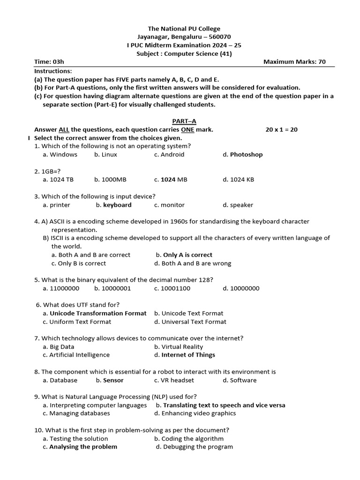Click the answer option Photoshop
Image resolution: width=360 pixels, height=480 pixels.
tap(246, 154)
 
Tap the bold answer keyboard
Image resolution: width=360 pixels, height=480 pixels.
tap(117, 205)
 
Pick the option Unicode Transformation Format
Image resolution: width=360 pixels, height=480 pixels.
tap(98, 313)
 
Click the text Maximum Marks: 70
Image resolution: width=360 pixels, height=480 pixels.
tap(294, 62)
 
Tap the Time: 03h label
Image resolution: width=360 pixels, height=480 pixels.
tap(49, 62)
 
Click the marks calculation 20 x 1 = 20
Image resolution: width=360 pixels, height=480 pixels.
tap(281, 129)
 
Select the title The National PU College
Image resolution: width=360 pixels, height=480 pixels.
tap(184, 29)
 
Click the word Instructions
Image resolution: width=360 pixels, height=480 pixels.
tap(53, 71)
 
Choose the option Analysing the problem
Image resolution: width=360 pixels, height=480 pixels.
tap(83, 447)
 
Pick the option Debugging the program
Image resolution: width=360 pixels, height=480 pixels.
tap(197, 447)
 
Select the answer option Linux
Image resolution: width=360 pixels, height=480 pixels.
tap(109, 154)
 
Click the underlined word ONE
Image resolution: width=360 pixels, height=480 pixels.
tap(187, 129)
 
